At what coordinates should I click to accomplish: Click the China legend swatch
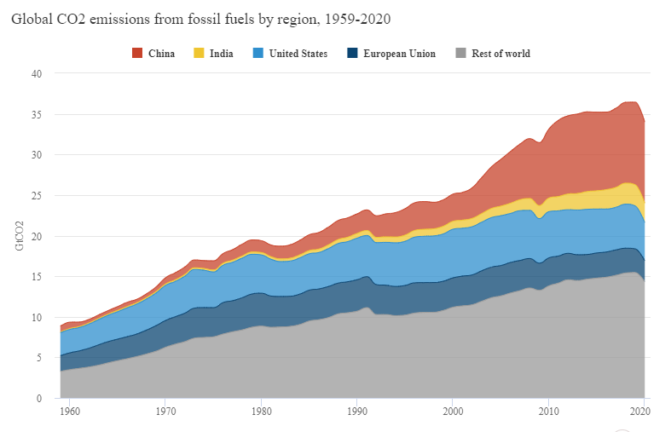pos(138,54)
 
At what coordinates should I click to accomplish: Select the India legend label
pos(221,54)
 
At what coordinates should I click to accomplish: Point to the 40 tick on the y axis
pos(36,74)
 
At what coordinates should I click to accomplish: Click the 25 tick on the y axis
pos(36,196)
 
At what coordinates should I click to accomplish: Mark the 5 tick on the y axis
pos(38,358)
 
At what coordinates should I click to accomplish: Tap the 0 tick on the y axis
pos(38,399)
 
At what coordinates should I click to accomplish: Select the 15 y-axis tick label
pos(36,277)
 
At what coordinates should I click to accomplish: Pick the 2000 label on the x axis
pos(452,411)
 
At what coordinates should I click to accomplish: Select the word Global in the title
pos(32,17)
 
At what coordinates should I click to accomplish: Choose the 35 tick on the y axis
pos(36,115)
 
